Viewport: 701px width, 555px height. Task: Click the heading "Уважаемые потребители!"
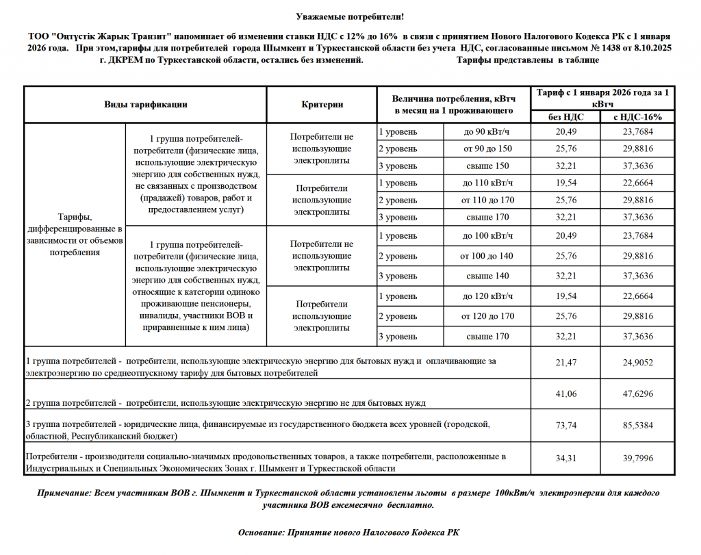pyautogui.click(x=350, y=15)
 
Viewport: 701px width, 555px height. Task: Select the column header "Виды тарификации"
pyautogui.click(x=146, y=105)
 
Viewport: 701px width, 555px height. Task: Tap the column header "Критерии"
pyautogui.click(x=322, y=105)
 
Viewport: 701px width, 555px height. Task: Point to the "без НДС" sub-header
pyautogui.click(x=565, y=117)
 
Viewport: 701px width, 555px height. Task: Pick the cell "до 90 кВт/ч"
pyautogui.click(x=487, y=131)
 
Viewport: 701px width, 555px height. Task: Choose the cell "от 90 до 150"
pyautogui.click(x=487, y=149)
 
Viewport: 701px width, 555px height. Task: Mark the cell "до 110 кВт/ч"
pyautogui.click(x=487, y=183)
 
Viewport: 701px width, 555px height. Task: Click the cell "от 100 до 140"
pyautogui.click(x=487, y=256)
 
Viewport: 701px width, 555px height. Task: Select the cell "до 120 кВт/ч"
pyautogui.click(x=487, y=296)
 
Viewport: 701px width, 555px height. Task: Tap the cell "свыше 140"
pyautogui.click(x=487, y=276)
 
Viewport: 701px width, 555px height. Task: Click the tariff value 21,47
pyautogui.click(x=565, y=363)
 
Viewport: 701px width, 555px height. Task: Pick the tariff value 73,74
pyautogui.click(x=565, y=426)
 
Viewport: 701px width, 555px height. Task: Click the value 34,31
pyautogui.click(x=565, y=459)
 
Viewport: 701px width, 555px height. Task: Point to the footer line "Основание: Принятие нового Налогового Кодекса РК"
pyautogui.click(x=350, y=532)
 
